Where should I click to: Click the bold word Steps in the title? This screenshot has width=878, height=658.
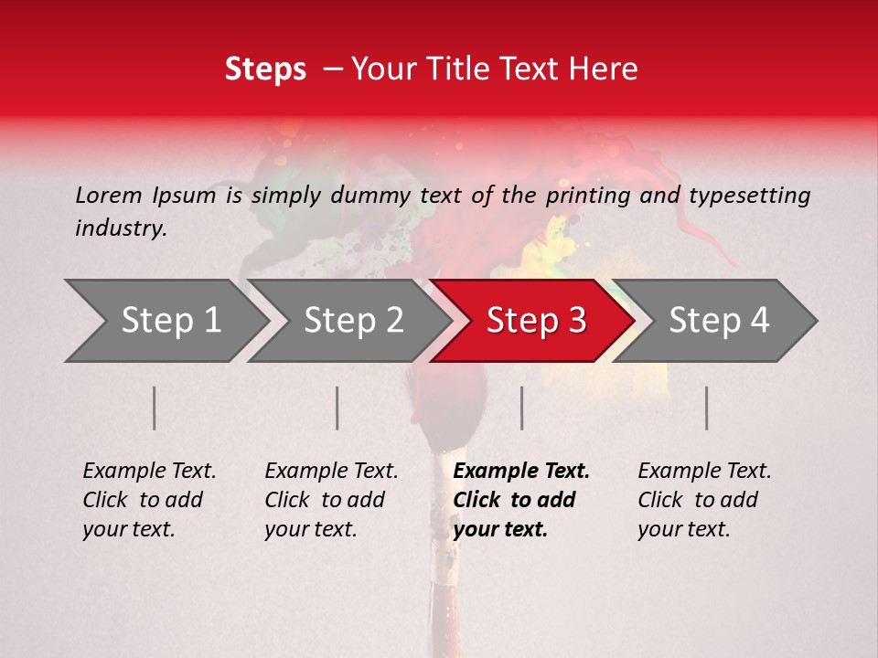[x=265, y=69]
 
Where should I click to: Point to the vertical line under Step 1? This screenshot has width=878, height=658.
[x=155, y=408]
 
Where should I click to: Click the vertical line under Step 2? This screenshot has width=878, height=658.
[x=337, y=408]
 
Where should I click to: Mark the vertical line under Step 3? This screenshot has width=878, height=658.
[x=522, y=408]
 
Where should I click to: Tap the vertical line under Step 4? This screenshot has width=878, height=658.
[x=707, y=408]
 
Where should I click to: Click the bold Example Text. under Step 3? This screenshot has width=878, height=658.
[x=521, y=472]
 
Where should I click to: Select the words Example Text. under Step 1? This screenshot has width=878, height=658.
[x=149, y=472]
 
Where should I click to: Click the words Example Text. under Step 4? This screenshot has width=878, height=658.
[x=704, y=472]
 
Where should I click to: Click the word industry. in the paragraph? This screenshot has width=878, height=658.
[x=121, y=228]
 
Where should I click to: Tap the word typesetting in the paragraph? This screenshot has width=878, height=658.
[x=749, y=196]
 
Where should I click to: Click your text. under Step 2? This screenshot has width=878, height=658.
[x=311, y=529]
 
